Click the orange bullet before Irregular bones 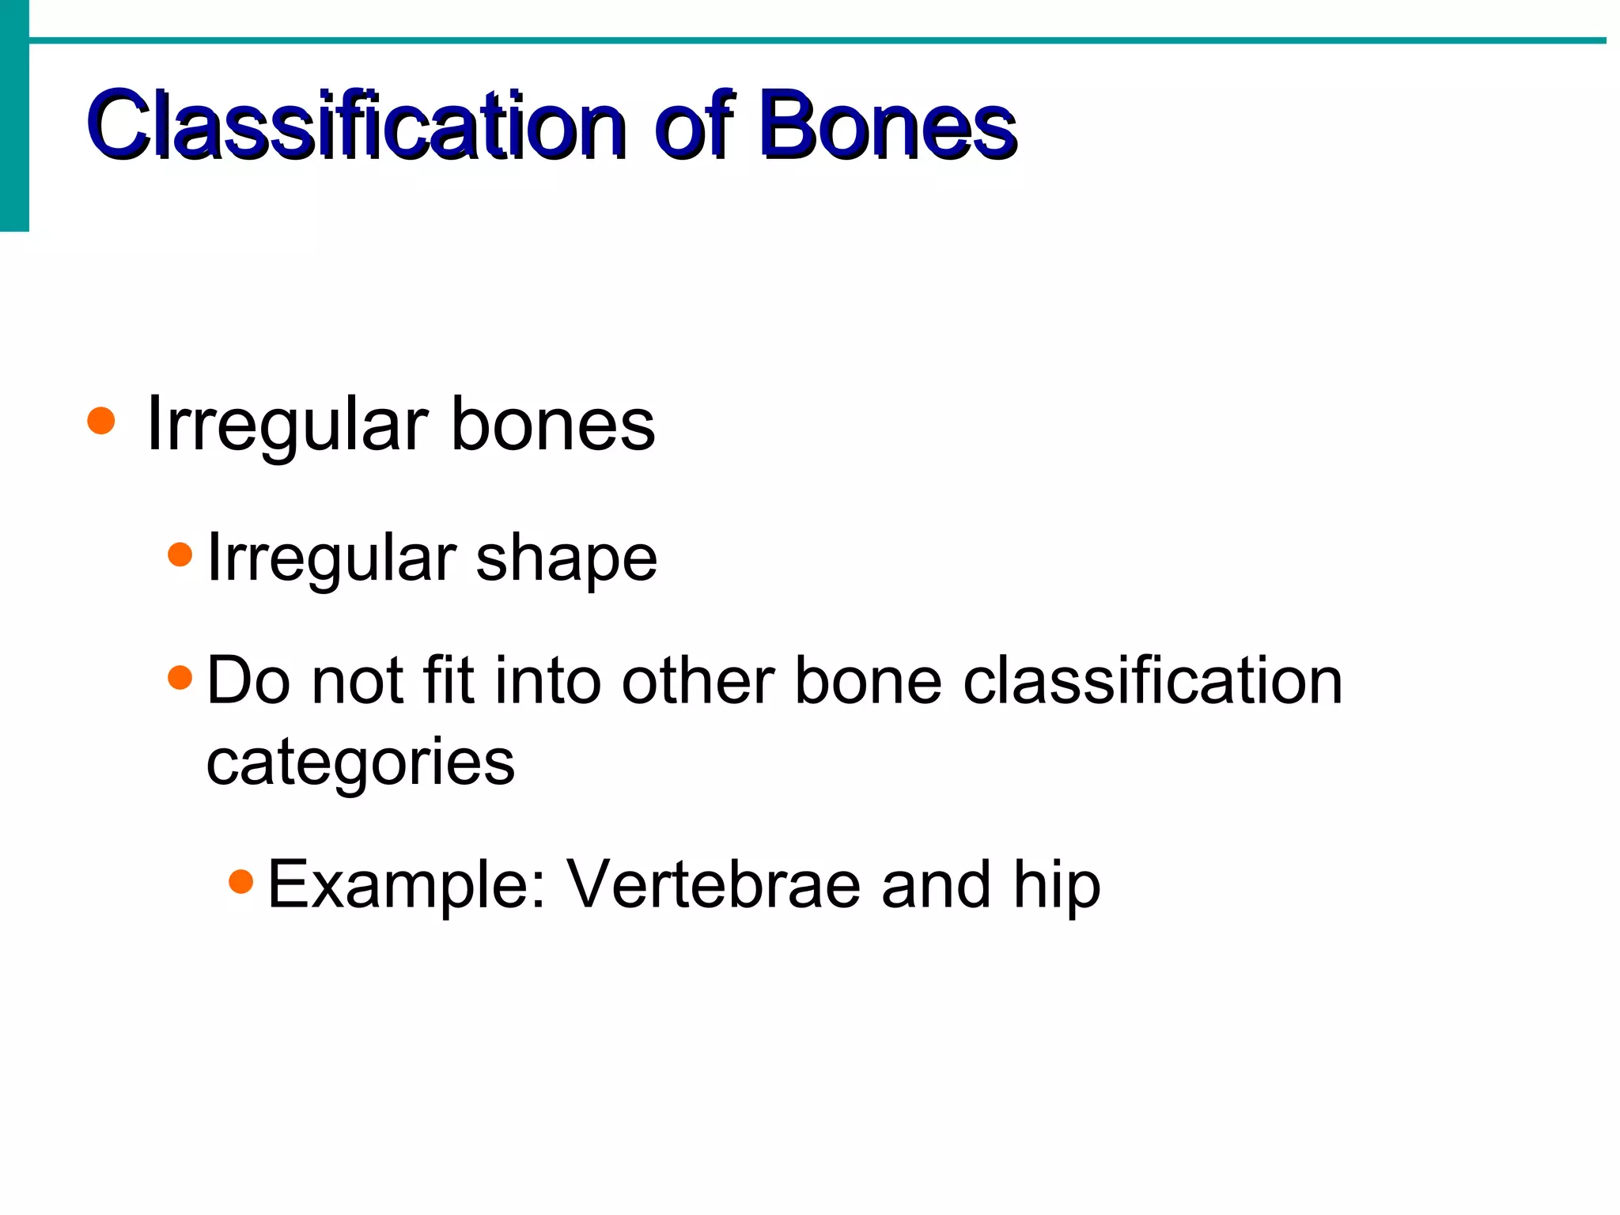101,421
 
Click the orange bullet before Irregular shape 180,555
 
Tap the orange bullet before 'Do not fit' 180,677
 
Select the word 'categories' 361,764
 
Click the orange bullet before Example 241,880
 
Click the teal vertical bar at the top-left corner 14,115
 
